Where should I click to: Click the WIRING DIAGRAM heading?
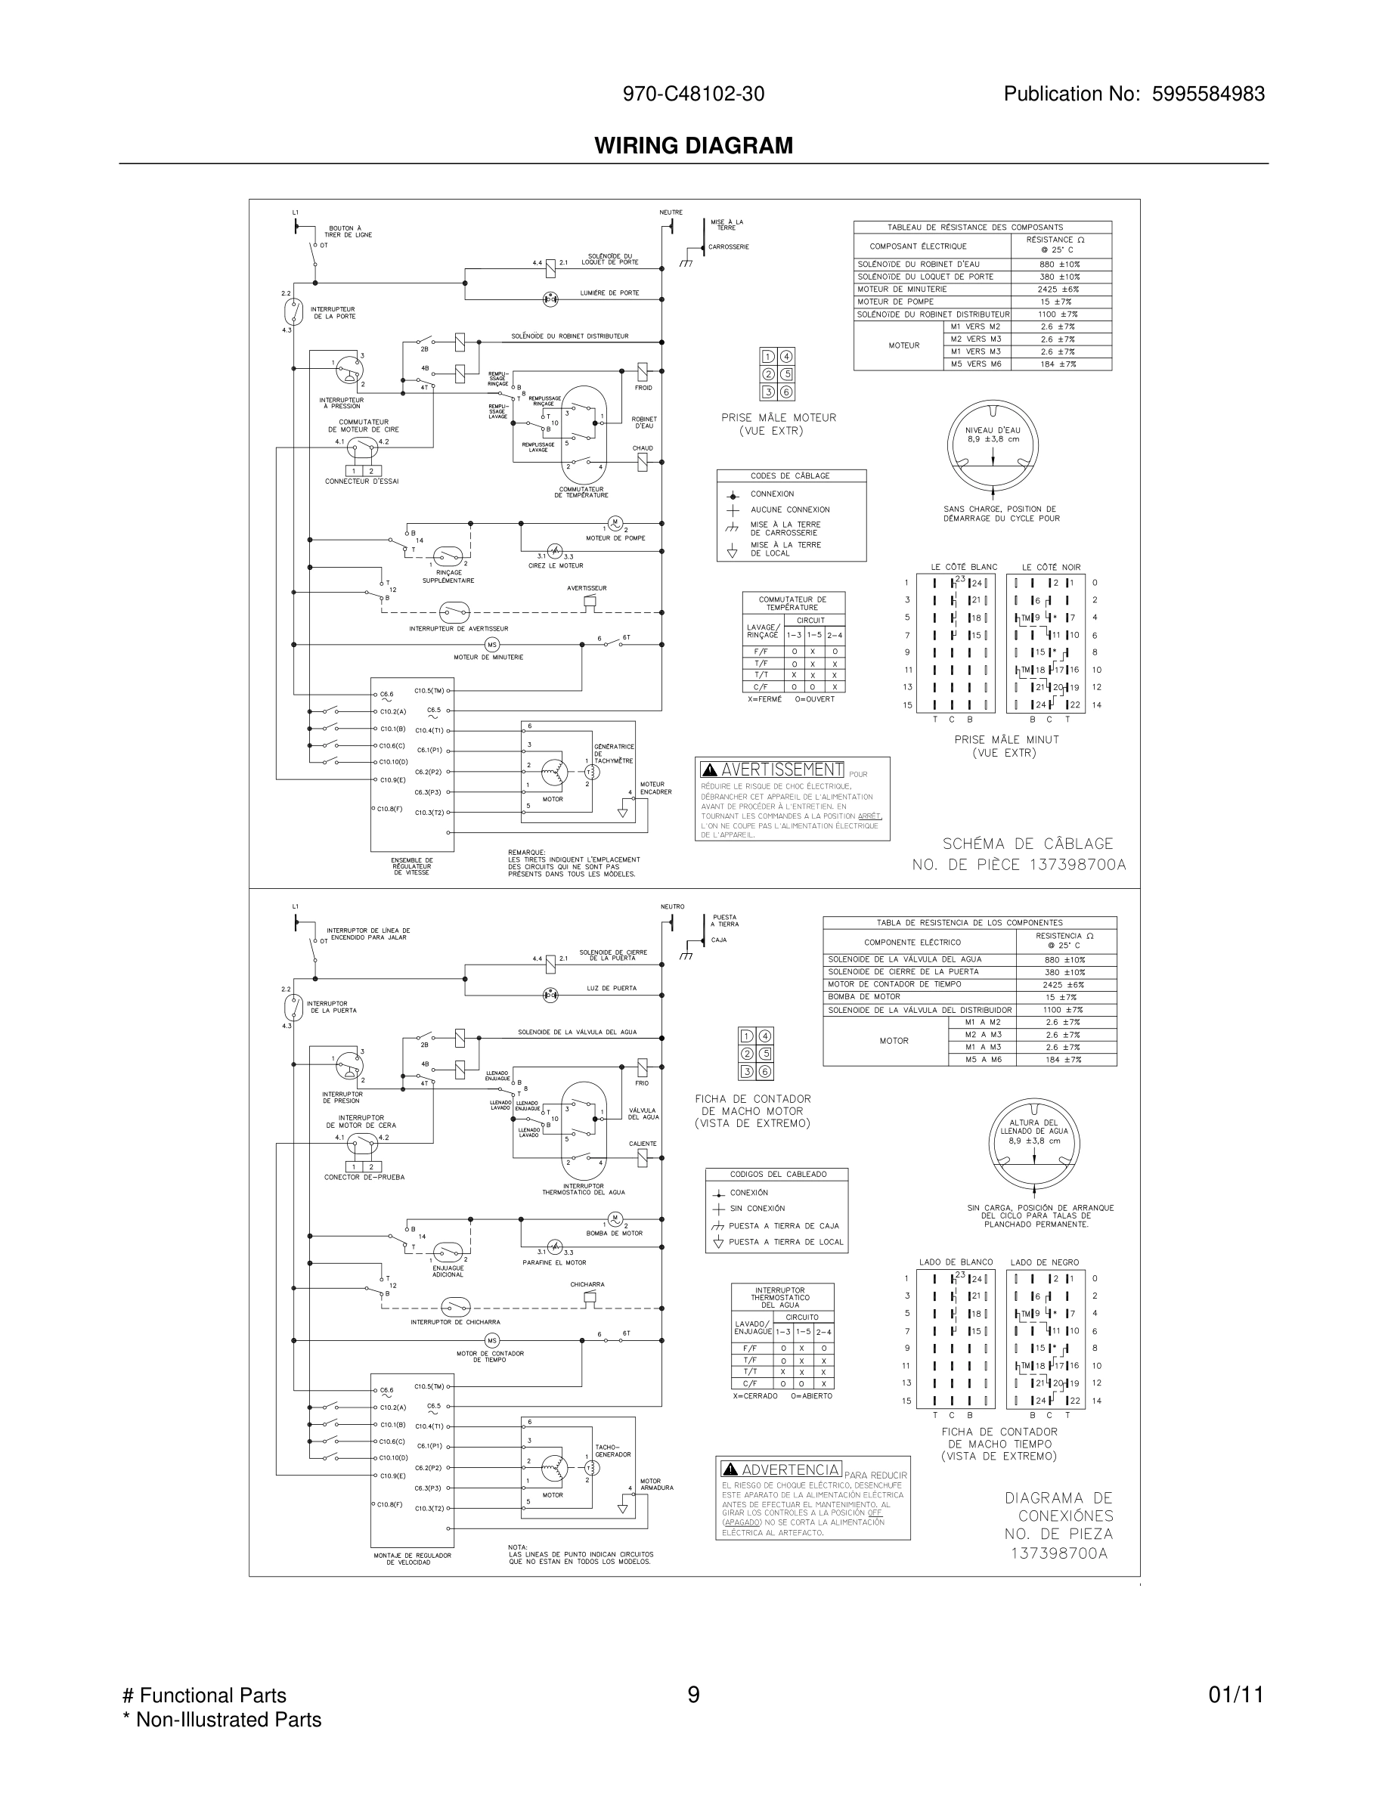(693, 146)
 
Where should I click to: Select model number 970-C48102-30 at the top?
(693, 94)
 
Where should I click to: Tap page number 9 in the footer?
(693, 1695)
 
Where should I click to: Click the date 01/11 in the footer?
(1235, 1695)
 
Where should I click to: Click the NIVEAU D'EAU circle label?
(993, 434)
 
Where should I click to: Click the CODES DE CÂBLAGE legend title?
(790, 476)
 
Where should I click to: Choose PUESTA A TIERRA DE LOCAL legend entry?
(785, 1242)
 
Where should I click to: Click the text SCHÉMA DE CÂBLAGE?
(1027, 844)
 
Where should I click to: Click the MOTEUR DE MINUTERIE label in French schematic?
(488, 657)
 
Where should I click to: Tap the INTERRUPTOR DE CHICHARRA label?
(454, 1322)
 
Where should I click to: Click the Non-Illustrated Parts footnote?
(222, 1720)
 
